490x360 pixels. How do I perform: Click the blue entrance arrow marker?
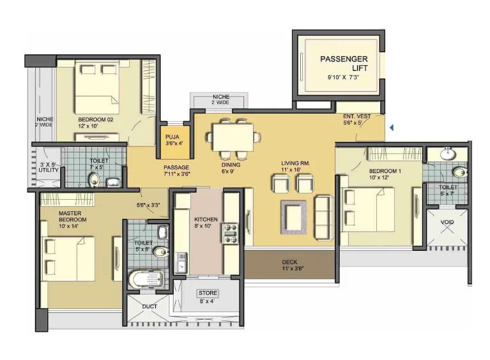(391, 128)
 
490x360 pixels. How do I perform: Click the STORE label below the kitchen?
(208, 297)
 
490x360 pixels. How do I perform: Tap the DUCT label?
(149, 306)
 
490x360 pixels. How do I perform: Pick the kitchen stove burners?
(229, 233)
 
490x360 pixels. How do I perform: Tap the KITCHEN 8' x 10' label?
(206, 223)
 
